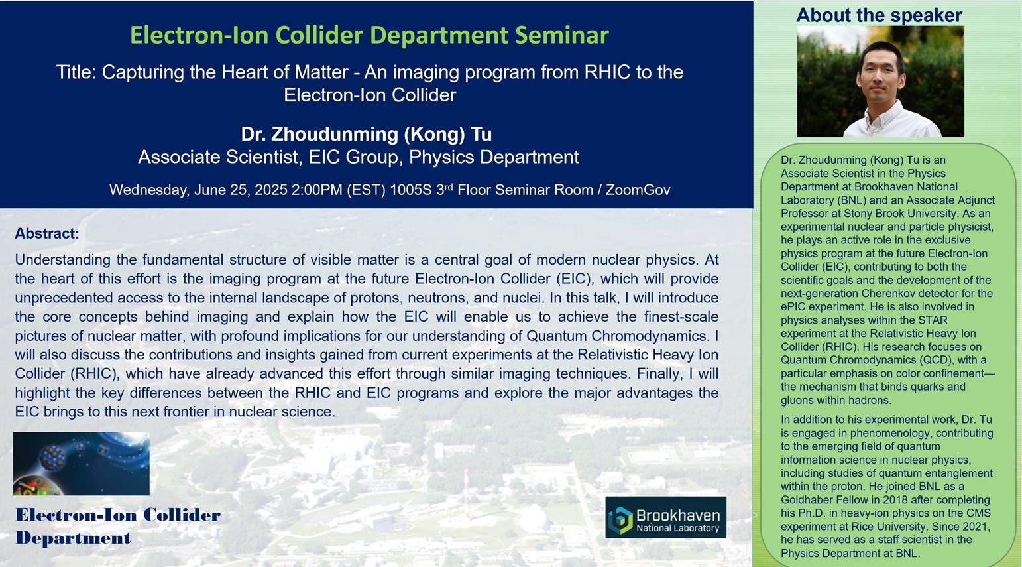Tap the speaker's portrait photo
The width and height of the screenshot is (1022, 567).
(881, 82)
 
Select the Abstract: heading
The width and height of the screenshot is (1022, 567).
(47, 233)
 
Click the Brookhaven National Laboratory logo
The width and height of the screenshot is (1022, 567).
(665, 517)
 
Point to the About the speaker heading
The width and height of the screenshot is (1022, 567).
(880, 15)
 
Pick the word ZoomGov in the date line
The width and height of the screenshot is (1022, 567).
(638, 190)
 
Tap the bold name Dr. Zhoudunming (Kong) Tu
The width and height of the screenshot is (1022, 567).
(367, 134)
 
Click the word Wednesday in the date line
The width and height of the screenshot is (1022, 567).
(149, 190)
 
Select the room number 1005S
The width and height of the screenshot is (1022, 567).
(411, 190)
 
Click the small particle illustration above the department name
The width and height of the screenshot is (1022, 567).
(82, 464)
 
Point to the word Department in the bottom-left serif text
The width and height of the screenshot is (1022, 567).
(73, 538)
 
